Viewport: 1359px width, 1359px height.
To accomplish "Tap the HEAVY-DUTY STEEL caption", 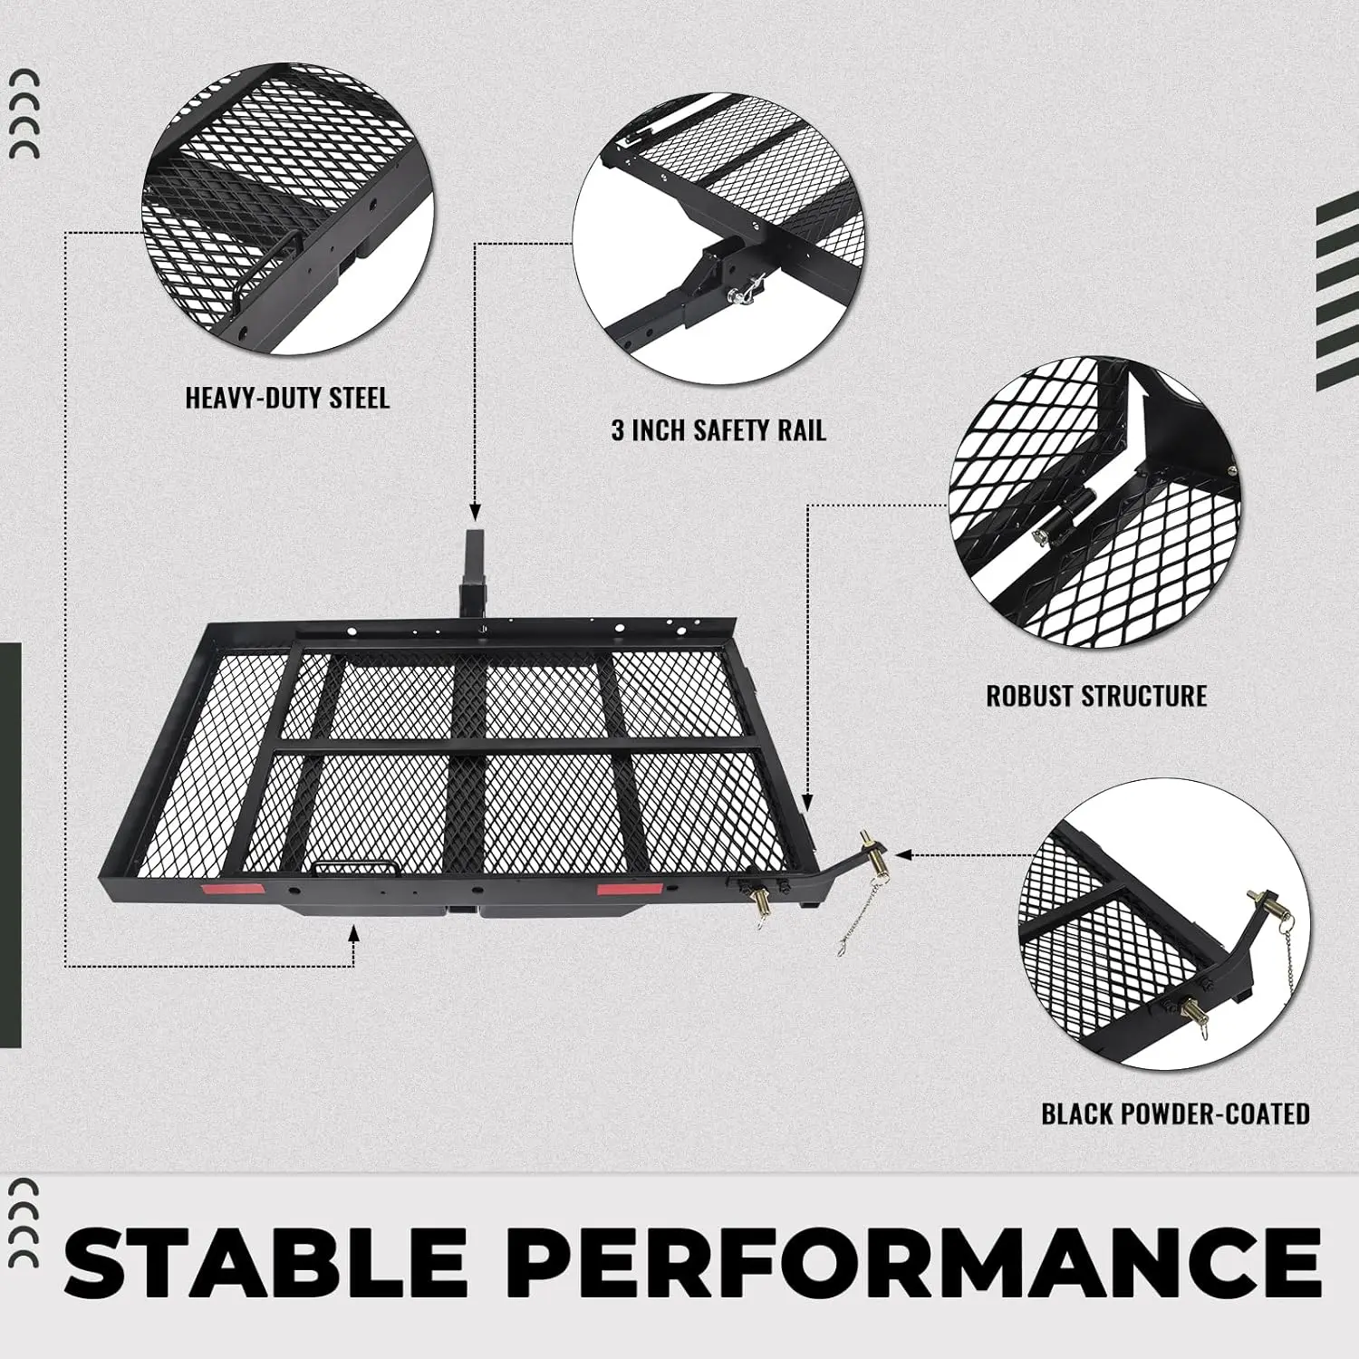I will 287,399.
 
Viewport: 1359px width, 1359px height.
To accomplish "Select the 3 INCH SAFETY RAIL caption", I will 718,430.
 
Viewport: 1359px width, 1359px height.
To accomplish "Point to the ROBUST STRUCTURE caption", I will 1096,696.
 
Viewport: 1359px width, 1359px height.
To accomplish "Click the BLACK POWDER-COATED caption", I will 1175,1113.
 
